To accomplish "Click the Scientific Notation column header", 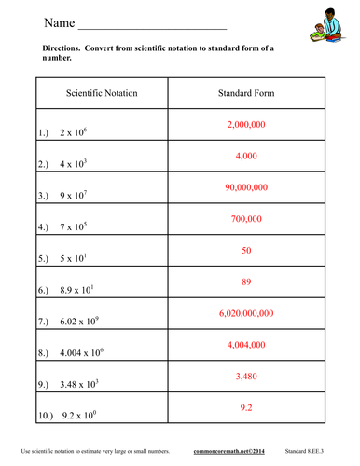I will click(101, 94).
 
